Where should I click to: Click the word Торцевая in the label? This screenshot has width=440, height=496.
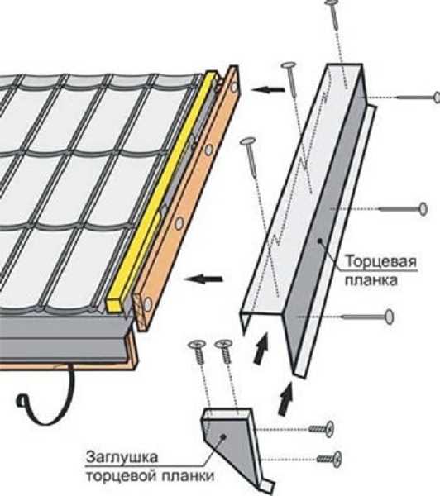click(x=380, y=262)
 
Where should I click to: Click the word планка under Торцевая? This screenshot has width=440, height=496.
click(x=371, y=280)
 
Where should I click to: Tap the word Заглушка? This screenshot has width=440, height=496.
click(x=122, y=457)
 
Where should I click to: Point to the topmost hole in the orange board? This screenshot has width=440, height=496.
click(x=234, y=86)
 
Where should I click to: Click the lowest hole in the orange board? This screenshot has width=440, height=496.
click(x=147, y=304)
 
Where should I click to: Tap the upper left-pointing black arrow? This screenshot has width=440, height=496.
click(x=269, y=90)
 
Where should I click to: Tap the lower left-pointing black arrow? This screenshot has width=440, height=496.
click(x=203, y=279)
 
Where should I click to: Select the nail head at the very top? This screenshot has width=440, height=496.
click(x=332, y=2)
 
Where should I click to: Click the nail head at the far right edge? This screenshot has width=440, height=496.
click(x=438, y=97)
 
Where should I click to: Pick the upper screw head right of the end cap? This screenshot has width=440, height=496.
click(x=329, y=428)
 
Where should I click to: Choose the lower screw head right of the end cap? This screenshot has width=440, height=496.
click(x=337, y=459)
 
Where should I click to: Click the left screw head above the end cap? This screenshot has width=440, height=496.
click(x=197, y=344)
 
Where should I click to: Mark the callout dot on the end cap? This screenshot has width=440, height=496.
click(x=223, y=436)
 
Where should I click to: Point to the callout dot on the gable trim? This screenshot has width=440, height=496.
click(x=320, y=241)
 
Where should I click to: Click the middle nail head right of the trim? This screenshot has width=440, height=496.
click(x=423, y=209)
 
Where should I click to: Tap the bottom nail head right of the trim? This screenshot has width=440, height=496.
click(x=390, y=317)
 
